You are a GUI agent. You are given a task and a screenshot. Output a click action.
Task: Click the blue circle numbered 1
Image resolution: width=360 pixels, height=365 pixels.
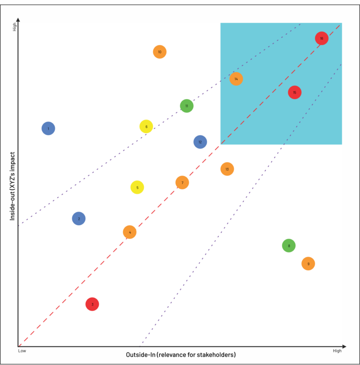coord(48,128)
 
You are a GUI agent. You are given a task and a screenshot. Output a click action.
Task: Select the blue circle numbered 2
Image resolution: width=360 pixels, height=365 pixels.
coord(79,219)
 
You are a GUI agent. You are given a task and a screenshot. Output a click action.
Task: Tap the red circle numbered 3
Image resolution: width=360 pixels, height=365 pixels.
coord(92,304)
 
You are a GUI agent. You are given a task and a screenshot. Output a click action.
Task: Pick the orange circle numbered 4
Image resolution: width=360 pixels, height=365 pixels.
coord(130,232)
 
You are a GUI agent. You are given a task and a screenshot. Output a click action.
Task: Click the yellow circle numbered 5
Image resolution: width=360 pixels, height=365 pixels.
coord(137,188)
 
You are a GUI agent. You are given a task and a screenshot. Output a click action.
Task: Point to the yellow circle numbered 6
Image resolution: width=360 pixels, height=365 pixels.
coord(146,126)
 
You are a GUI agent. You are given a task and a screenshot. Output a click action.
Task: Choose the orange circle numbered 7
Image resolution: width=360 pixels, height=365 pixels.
coord(182,182)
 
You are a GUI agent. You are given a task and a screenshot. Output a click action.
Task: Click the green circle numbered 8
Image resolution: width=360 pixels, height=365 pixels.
coord(289,245)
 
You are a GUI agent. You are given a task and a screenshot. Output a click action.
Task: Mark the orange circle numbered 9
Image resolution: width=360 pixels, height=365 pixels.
coord(308,264)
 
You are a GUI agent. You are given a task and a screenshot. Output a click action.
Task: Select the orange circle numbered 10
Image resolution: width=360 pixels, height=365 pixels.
coord(159,52)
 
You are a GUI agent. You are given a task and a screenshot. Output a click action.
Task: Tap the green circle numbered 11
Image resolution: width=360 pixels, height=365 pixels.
coord(187,106)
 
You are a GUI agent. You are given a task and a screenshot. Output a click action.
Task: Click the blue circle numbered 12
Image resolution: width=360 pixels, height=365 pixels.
coord(200,142)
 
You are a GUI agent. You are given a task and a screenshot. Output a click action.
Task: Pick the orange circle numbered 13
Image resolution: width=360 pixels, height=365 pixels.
coord(227,169)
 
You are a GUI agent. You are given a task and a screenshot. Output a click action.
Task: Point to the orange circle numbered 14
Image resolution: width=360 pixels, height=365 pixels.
coord(236,79)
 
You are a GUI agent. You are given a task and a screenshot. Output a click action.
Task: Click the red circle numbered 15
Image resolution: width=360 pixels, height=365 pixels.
coord(294,92)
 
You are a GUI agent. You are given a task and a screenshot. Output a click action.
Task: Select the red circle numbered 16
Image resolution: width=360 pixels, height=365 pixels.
coord(322,38)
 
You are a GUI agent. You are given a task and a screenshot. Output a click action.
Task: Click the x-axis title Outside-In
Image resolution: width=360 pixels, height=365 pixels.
coord(180,355)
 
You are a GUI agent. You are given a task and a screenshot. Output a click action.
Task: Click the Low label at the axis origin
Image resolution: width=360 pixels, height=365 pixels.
coord(22,350)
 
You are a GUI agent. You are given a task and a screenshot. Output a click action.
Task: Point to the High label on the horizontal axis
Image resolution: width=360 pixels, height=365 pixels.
coord(337,350)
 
